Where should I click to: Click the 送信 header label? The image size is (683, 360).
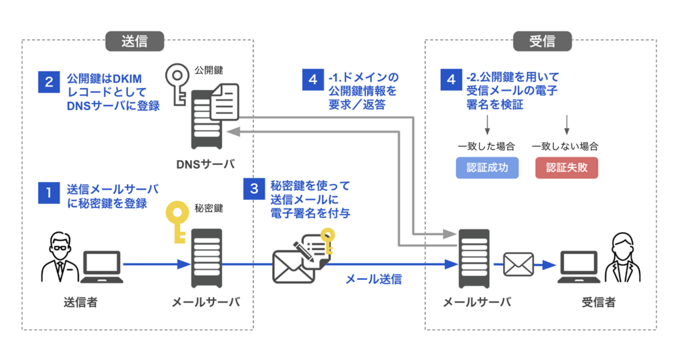[134, 41]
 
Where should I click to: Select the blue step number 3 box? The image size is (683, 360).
[254, 189]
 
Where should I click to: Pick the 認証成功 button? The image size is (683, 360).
[487, 167]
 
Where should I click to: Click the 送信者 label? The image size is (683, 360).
[80, 303]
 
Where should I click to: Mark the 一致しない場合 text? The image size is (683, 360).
[565, 145]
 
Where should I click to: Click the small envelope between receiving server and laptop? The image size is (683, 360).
[518, 265]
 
